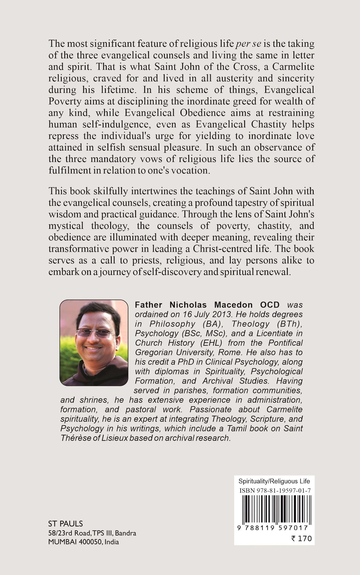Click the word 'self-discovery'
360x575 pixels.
point(172,272)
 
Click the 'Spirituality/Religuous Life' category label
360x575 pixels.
point(274,482)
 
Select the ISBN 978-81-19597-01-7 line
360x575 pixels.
point(275,491)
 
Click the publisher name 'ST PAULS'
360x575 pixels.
point(66,524)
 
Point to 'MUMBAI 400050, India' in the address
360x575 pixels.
point(83,542)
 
